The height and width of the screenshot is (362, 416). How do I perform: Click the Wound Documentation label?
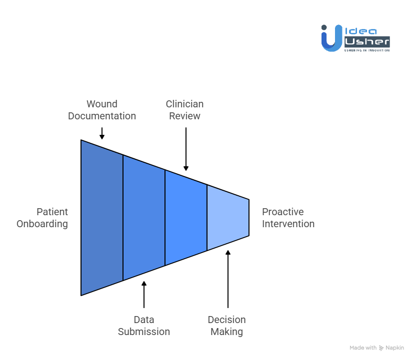pyautogui.click(x=102, y=110)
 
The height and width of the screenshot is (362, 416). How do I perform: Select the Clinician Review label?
pyautogui.click(x=185, y=110)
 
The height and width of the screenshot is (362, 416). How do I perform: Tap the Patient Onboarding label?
pyautogui.click(x=42, y=218)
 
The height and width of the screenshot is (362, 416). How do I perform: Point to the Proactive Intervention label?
pyautogui.click(x=288, y=218)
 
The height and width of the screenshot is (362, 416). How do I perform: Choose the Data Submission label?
pyautogui.click(x=144, y=326)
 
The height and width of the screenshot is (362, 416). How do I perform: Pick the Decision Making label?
pyautogui.click(x=227, y=326)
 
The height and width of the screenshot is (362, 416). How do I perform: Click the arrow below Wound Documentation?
pyautogui.click(x=102, y=133)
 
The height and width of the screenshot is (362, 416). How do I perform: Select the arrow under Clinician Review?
pyautogui.click(x=185, y=149)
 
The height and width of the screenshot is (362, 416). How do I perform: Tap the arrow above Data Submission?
pyautogui.click(x=144, y=295)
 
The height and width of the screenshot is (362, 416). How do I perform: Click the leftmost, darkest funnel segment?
pyautogui.click(x=102, y=218)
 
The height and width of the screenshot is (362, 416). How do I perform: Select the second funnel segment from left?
pyautogui.click(x=144, y=218)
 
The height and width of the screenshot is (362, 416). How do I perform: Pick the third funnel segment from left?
pyautogui.click(x=186, y=218)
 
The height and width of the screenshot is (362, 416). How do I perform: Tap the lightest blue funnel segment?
pyautogui.click(x=228, y=218)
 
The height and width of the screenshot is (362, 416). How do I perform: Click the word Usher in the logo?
pyautogui.click(x=367, y=42)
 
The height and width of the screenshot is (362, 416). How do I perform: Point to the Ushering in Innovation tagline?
pyautogui.click(x=367, y=50)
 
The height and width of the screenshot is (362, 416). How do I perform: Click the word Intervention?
pyautogui.click(x=288, y=224)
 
